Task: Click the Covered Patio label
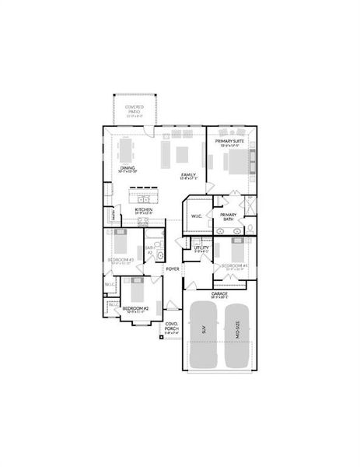[x=134, y=111]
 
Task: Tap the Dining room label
[x=127, y=168]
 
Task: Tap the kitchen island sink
[x=143, y=190]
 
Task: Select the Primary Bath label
[x=228, y=217]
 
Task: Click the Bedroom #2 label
[x=135, y=309]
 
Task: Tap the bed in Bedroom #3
[x=121, y=243]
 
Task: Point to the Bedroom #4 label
[x=234, y=267]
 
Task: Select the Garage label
[x=219, y=294]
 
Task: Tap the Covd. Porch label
[x=172, y=328]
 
